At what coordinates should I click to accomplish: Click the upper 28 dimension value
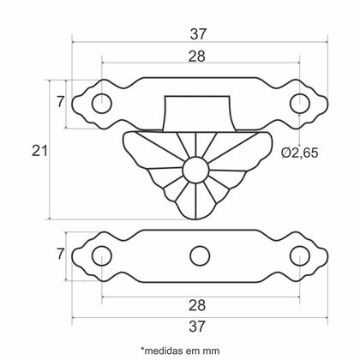tap(200, 56)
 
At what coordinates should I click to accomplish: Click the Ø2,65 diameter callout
tap(300, 153)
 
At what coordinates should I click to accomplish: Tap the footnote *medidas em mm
tap(180, 349)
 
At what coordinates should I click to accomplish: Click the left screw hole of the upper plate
tap(102, 103)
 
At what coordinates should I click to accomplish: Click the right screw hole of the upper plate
tap(299, 103)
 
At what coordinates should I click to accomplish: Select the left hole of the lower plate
tap(102, 255)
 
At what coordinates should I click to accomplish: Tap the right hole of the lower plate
tap(299, 255)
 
